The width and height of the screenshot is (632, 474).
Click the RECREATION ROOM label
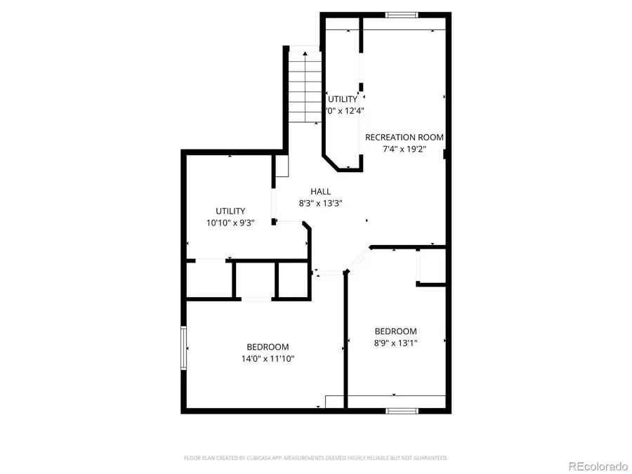coord(404,137)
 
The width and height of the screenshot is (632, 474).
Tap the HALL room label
coord(321,191)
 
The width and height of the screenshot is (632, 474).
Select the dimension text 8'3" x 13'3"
coord(321,204)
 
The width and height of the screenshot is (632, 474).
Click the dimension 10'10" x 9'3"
coord(230,223)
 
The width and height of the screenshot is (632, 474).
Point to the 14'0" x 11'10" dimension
coord(268,359)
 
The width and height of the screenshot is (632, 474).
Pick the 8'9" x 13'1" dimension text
coord(395,343)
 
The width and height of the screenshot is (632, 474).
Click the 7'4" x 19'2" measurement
coord(404,149)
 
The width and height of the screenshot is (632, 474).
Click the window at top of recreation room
coord(402,14)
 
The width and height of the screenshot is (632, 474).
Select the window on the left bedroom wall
coord(184,347)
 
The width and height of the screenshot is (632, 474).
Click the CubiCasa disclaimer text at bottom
coord(316,458)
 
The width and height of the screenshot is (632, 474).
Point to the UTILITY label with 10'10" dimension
coord(230,211)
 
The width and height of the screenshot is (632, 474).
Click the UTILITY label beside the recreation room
coord(343,99)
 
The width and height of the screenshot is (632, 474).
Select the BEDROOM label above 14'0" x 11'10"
coord(268,347)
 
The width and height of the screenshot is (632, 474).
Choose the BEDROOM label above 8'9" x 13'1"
coord(395,331)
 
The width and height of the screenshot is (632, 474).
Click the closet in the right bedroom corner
coord(431,267)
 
